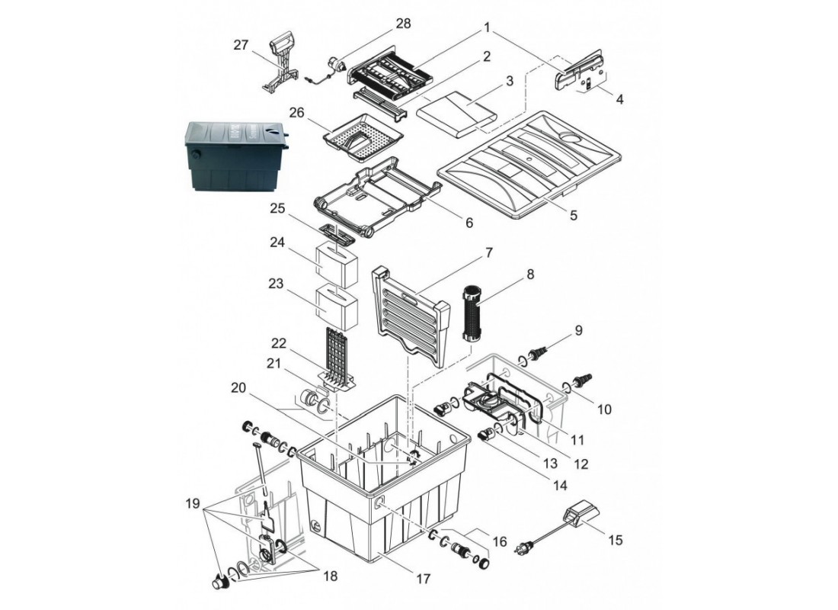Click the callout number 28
[x=404, y=24]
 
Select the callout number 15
[x=616, y=540]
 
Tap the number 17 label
[x=424, y=579]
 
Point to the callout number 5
[x=574, y=215]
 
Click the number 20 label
[x=239, y=387]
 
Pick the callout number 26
[x=296, y=113]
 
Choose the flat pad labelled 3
[x=457, y=114]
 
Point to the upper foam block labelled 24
[x=336, y=266]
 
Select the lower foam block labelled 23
[x=336, y=307]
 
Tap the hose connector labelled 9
[x=536, y=355]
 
